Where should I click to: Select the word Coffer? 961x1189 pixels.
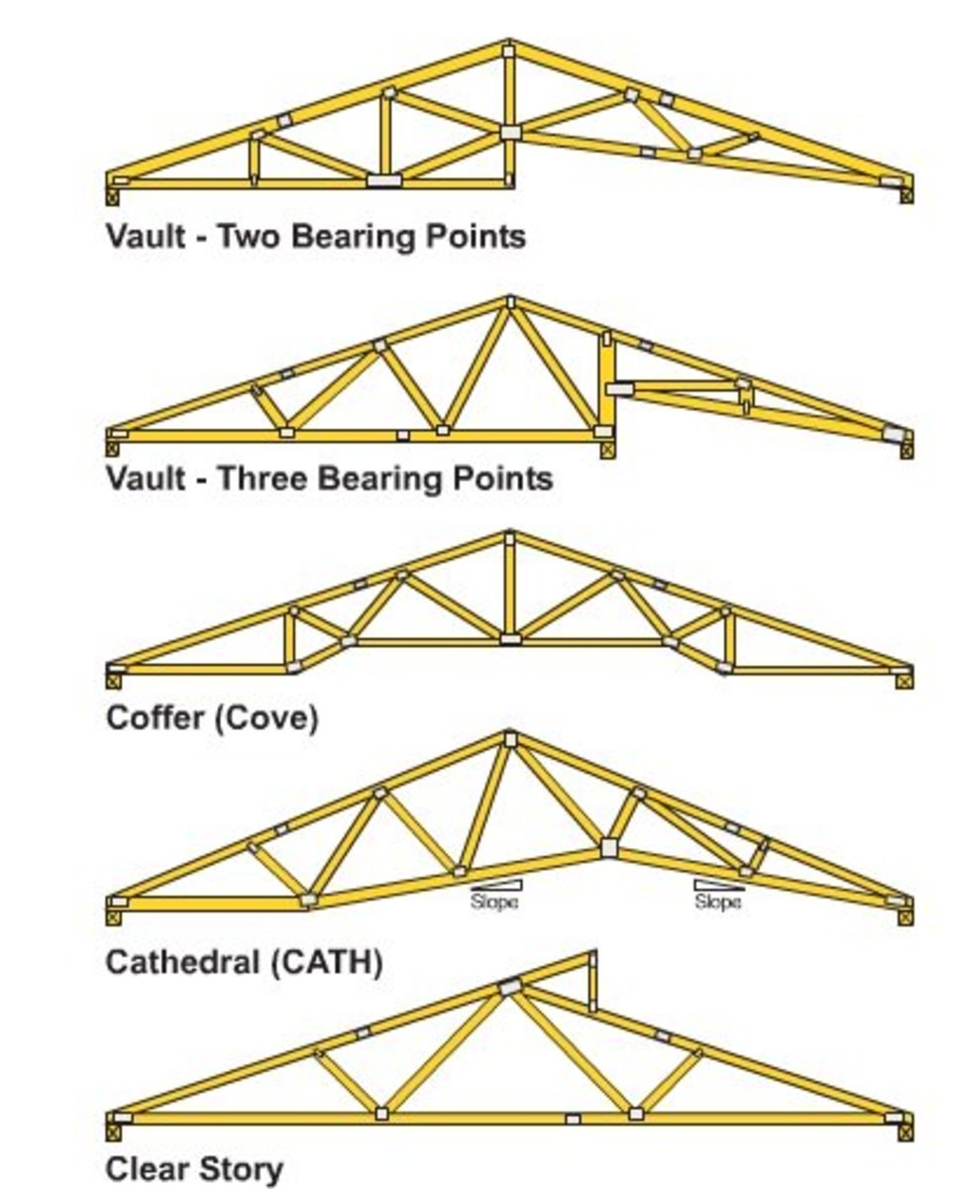[x=154, y=717]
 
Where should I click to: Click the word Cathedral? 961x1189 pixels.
[x=183, y=962]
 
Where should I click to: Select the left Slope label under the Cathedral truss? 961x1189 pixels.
[x=493, y=903]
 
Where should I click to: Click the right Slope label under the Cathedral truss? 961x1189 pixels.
[x=717, y=903]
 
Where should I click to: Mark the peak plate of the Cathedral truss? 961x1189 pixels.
[x=509, y=739]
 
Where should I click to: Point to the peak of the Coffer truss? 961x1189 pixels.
[x=509, y=538]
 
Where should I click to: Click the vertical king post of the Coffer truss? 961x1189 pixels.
[x=509, y=590]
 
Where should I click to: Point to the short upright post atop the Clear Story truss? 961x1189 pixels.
[x=592, y=981]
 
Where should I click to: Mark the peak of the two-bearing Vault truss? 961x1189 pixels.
[x=508, y=48]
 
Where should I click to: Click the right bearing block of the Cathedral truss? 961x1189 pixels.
[x=906, y=917]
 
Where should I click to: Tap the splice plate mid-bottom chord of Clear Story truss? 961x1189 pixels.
[x=573, y=1119]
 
